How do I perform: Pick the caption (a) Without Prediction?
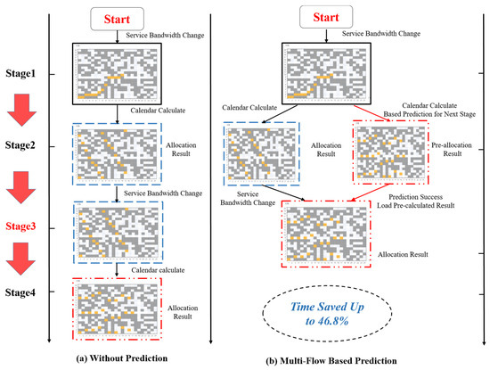tap(117, 358)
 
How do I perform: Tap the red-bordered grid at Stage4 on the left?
tap(116, 306)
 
